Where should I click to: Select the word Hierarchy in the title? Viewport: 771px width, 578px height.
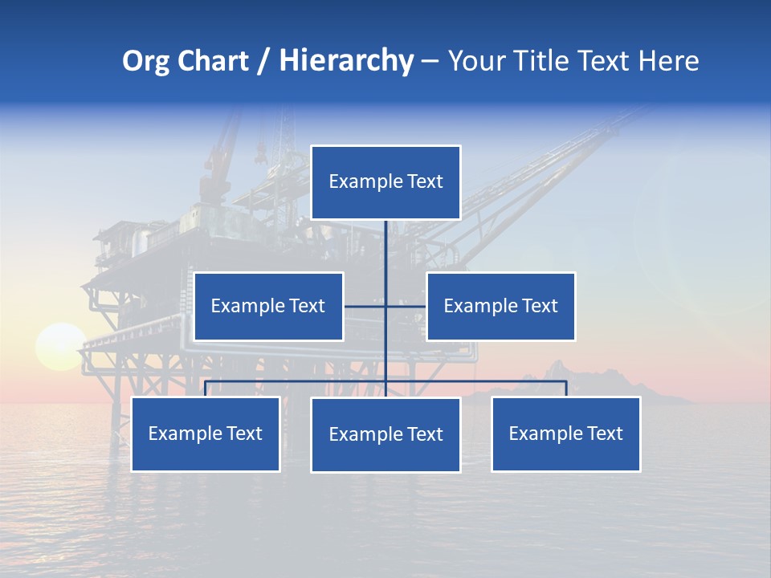coord(346,61)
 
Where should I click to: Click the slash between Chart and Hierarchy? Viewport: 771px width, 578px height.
coord(263,61)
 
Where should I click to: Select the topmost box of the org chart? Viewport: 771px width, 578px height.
coord(385,182)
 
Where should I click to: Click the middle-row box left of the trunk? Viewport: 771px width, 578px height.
coord(268,306)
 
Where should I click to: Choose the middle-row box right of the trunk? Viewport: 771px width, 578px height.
coord(500,306)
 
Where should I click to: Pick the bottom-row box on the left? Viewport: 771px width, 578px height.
coord(205,433)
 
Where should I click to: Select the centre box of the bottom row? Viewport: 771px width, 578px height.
coord(385,434)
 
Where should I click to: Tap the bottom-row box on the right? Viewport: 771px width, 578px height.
coord(565,433)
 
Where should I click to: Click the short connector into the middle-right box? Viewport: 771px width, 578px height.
coord(406,306)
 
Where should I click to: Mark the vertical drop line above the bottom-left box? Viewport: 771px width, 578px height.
coord(205,389)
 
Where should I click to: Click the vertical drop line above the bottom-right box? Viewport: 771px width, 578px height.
coord(565,389)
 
